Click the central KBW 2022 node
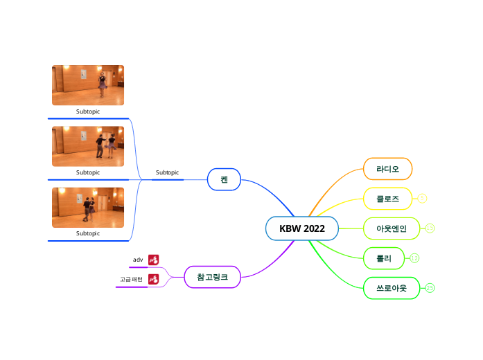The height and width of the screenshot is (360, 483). click(301, 228)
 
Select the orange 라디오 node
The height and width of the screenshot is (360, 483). click(388, 169)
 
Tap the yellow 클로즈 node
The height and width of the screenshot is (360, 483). click(388, 199)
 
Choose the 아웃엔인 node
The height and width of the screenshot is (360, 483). click(392, 228)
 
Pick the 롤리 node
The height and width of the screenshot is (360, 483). click(384, 258)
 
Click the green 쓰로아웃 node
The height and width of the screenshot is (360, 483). click(392, 288)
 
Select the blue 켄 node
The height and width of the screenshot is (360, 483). click(224, 179)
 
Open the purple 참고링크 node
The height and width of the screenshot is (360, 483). click(212, 277)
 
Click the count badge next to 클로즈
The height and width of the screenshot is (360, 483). click(423, 199)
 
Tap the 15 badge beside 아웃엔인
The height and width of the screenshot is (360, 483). click(430, 228)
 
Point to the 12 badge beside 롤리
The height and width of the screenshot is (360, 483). click(414, 258)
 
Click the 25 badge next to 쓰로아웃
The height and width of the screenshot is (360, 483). click(430, 288)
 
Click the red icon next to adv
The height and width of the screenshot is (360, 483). click(154, 260)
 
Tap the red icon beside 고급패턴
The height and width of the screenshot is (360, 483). click(154, 279)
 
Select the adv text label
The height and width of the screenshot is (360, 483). click(138, 260)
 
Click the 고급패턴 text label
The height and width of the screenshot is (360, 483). click(131, 279)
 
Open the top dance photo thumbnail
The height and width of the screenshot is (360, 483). click(88, 85)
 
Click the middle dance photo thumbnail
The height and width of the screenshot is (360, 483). click(88, 146)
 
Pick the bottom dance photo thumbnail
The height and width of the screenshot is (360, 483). click(88, 207)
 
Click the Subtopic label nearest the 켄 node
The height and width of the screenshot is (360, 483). click(167, 172)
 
